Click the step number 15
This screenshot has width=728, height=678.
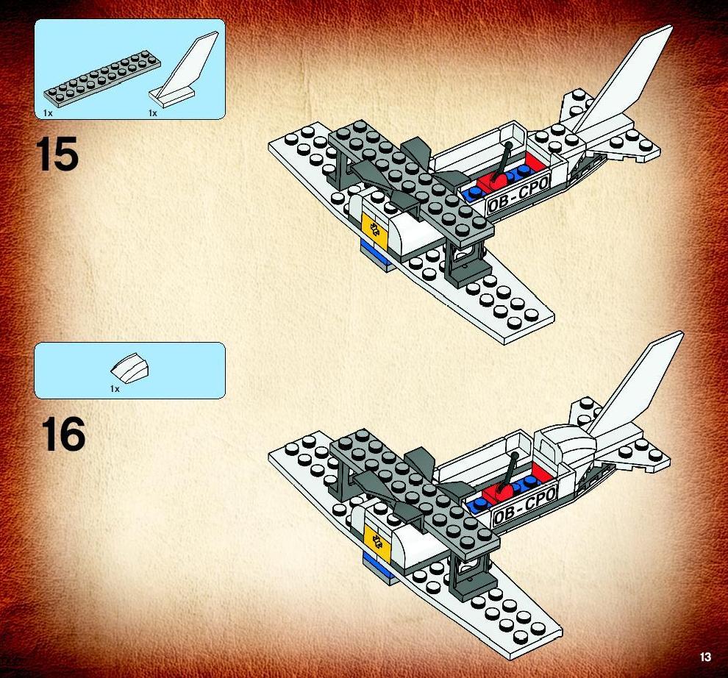coord(57,154)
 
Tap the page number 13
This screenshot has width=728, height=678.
coord(705,657)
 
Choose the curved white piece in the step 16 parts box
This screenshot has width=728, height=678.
coord(130,366)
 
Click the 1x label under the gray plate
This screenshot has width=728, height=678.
coord(48,113)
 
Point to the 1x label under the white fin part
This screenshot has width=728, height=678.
coord(153,113)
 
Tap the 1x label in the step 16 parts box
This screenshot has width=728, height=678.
coord(115,389)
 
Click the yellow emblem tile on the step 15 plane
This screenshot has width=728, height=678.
coord(374,227)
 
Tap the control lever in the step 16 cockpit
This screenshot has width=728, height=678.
coord(510,474)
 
